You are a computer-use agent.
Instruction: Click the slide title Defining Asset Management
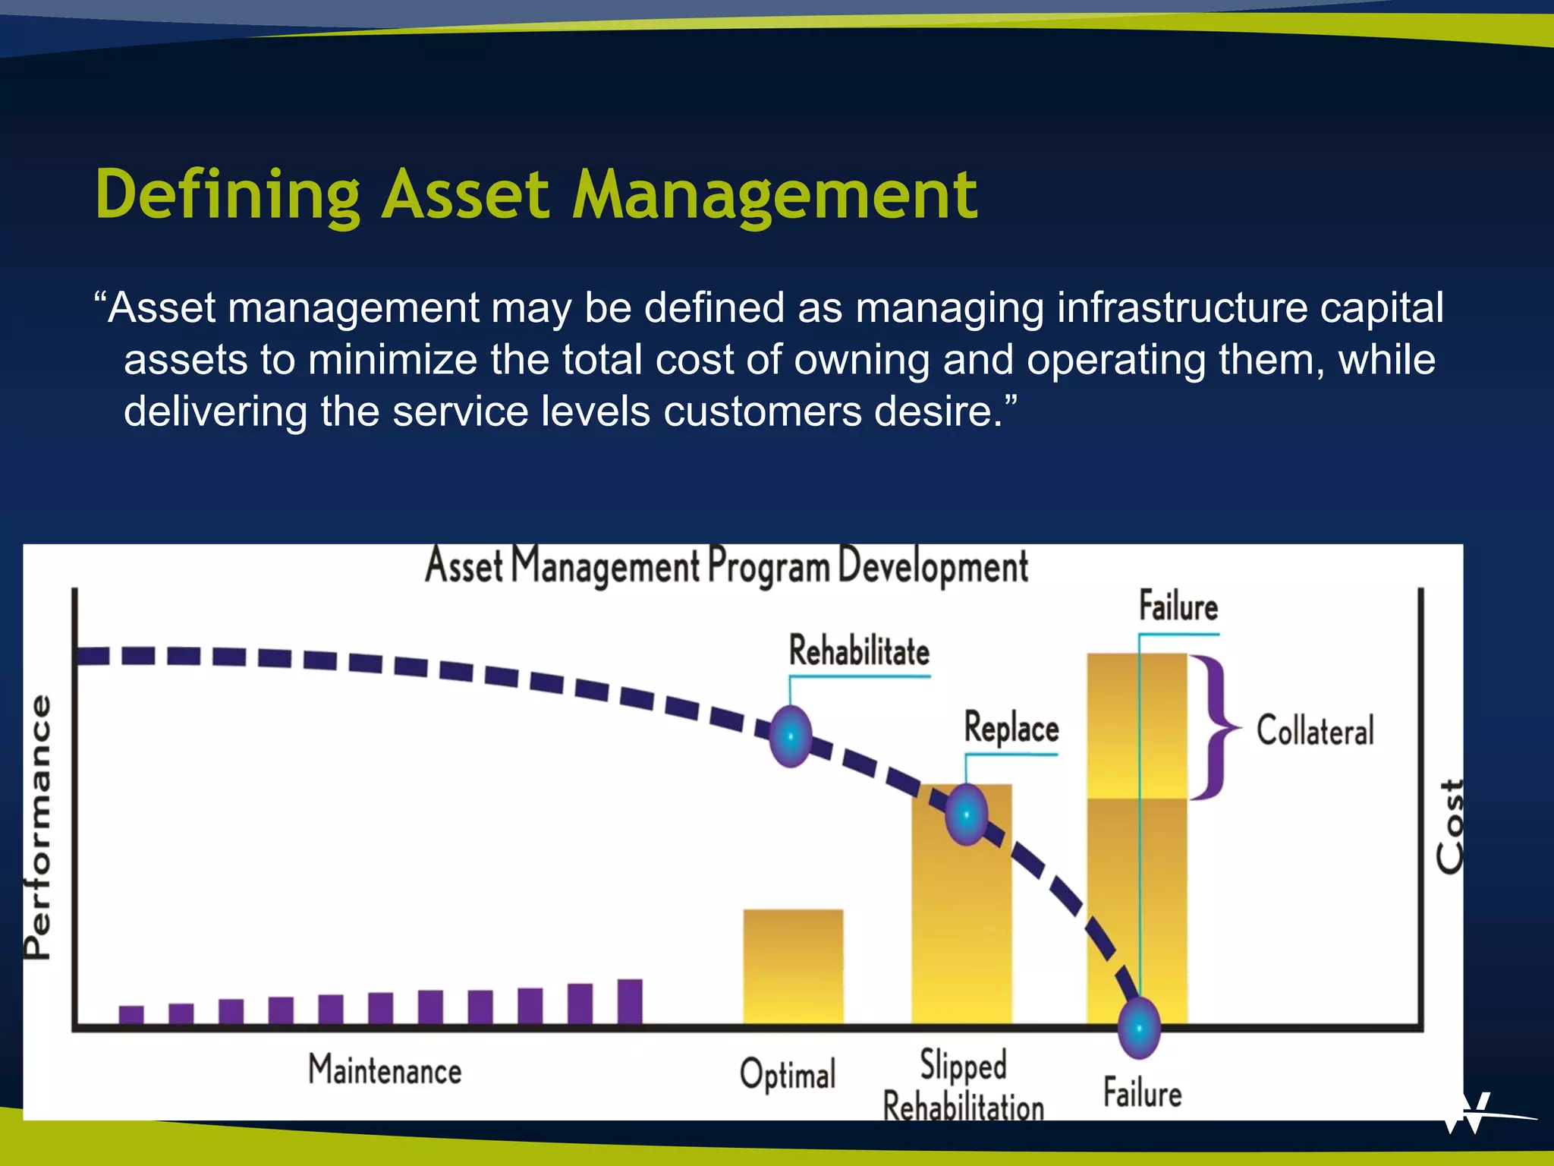tap(536, 196)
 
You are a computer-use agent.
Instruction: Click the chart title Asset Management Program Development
tap(726, 567)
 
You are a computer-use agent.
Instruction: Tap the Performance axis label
tap(38, 827)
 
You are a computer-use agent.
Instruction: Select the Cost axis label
tap(1450, 827)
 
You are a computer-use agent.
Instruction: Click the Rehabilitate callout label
tap(859, 652)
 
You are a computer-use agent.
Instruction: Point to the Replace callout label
tap(1011, 729)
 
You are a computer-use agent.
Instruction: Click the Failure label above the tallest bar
tap(1178, 607)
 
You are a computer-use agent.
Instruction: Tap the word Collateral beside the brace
tap(1315, 731)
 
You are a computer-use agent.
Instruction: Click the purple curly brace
tap(1216, 727)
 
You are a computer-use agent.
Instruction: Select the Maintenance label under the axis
tap(385, 1070)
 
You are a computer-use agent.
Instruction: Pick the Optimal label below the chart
tap(788, 1075)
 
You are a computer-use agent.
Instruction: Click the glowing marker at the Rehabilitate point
tap(791, 736)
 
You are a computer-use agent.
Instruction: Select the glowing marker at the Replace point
tap(966, 815)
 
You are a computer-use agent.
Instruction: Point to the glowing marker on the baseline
tap(1139, 1028)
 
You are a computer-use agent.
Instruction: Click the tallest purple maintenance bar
tap(630, 1001)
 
